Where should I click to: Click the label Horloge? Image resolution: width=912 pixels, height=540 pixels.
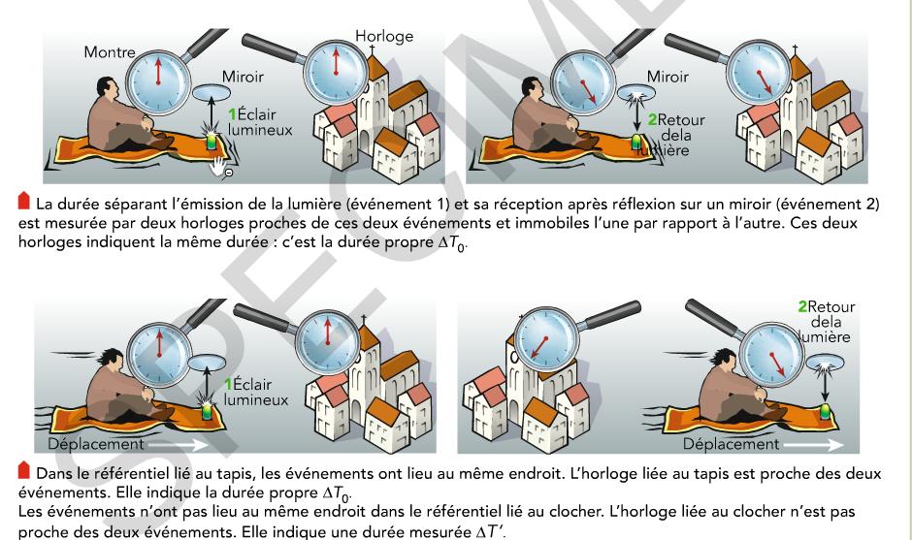pos(384,37)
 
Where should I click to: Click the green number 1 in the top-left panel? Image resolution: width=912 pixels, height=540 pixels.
pos(232,112)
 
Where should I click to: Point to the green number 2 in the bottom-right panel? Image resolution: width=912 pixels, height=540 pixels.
pos(802,306)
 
